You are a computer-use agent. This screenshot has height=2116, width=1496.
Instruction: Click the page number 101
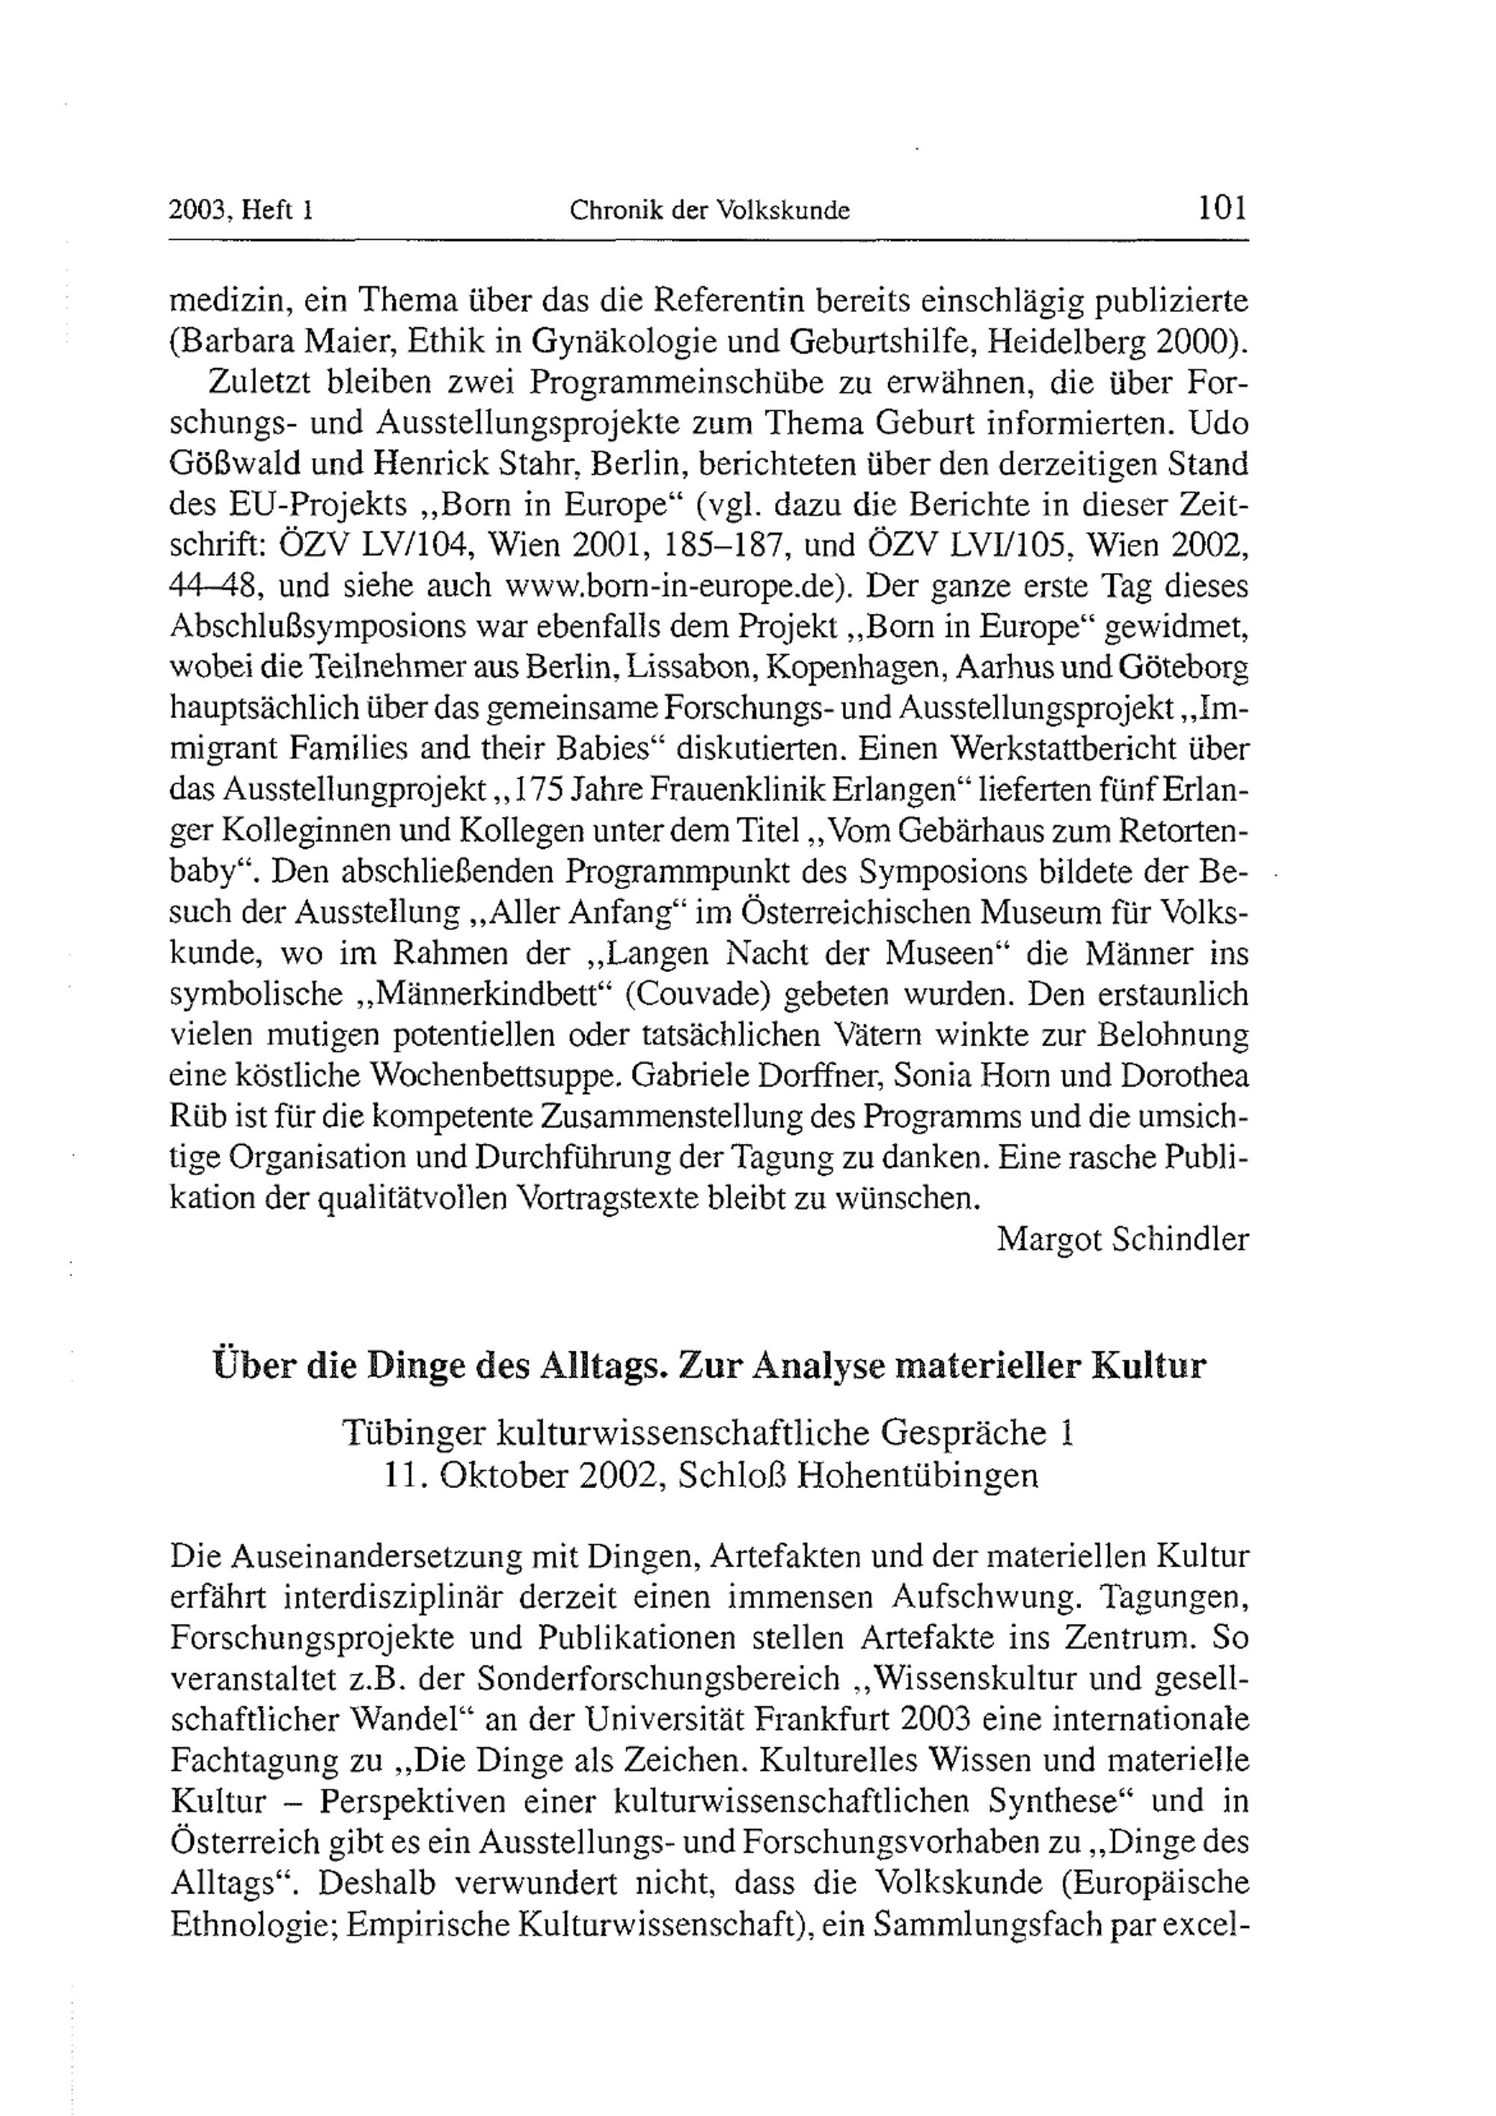(1221, 209)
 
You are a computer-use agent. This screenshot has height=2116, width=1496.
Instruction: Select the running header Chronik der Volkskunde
(709, 211)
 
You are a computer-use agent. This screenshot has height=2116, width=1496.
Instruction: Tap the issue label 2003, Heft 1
(242, 211)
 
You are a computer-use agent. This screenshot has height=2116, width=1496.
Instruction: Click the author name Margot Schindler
(1122, 1240)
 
